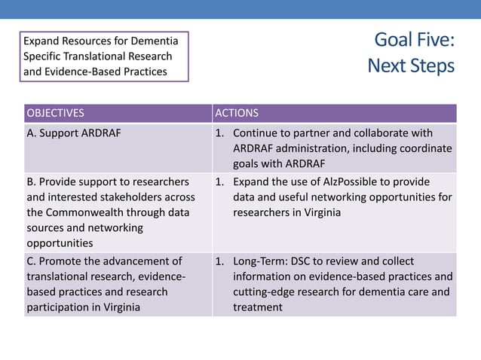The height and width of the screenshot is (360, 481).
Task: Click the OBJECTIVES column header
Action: [56, 114]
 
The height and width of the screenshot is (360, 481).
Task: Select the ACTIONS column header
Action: [237, 114]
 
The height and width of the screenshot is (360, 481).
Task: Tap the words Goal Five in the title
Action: [414, 40]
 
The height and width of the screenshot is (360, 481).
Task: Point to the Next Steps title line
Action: [411, 66]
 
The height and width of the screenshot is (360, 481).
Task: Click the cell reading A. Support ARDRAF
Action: [74, 133]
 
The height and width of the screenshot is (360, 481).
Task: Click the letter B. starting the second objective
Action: [32, 182]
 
